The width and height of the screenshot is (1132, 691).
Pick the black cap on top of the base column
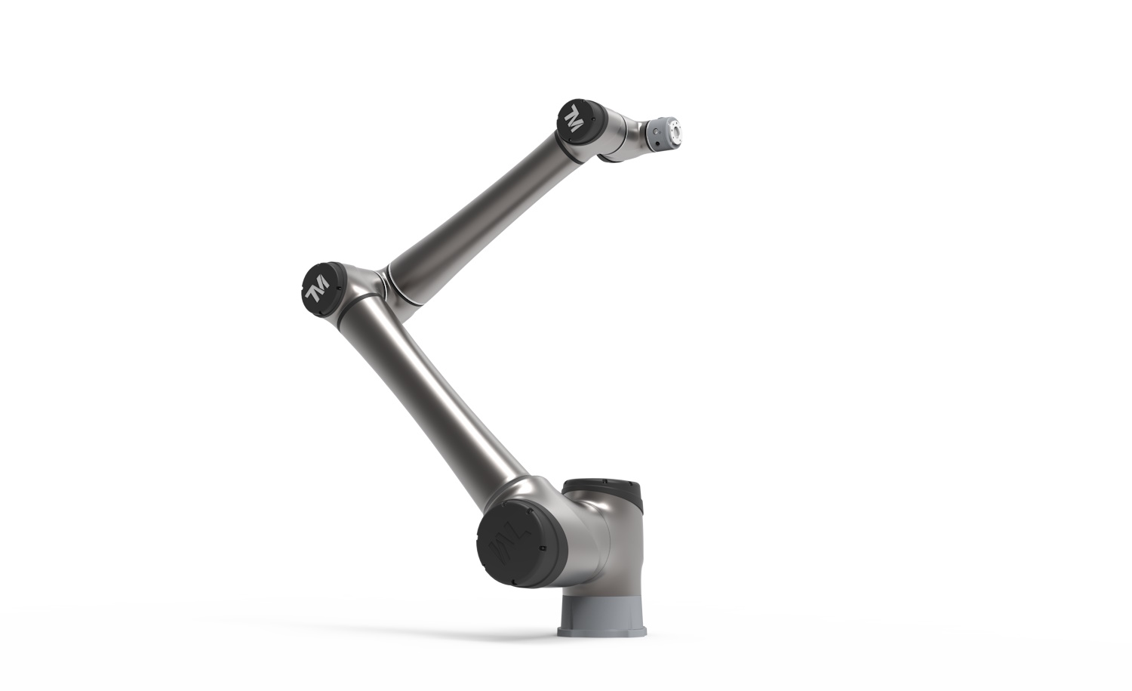pos(603,491)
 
